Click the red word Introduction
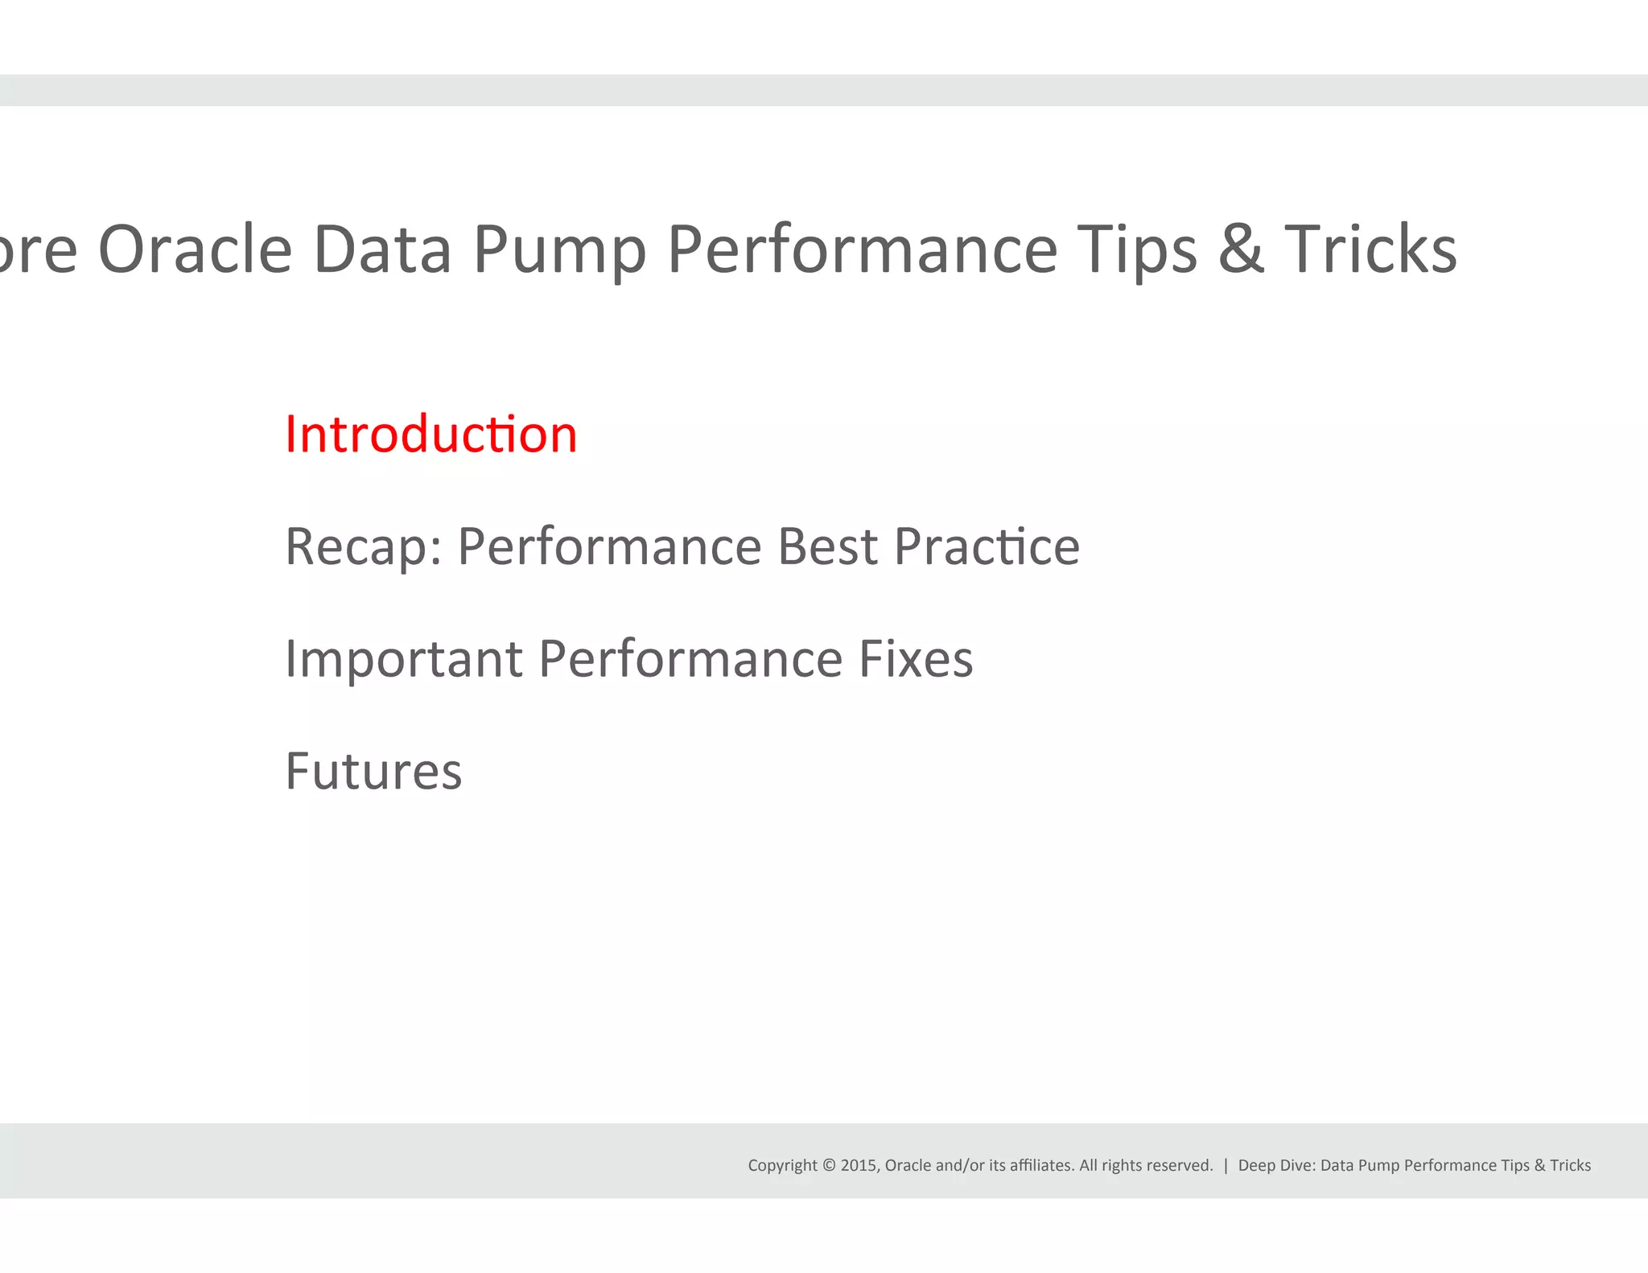[431, 435]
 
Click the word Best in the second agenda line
[827, 547]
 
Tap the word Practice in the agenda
[987, 547]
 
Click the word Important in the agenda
[404, 659]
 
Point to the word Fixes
[916, 659]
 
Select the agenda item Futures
[373, 772]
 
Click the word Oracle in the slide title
[196, 249]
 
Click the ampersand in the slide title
[1241, 249]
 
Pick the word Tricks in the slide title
[1370, 249]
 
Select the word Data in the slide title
[382, 249]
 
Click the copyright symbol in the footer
[829, 1165]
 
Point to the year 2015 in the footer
[859, 1165]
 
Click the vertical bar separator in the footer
[1226, 1165]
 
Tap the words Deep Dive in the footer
[1276, 1165]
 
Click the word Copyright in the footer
[782, 1165]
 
